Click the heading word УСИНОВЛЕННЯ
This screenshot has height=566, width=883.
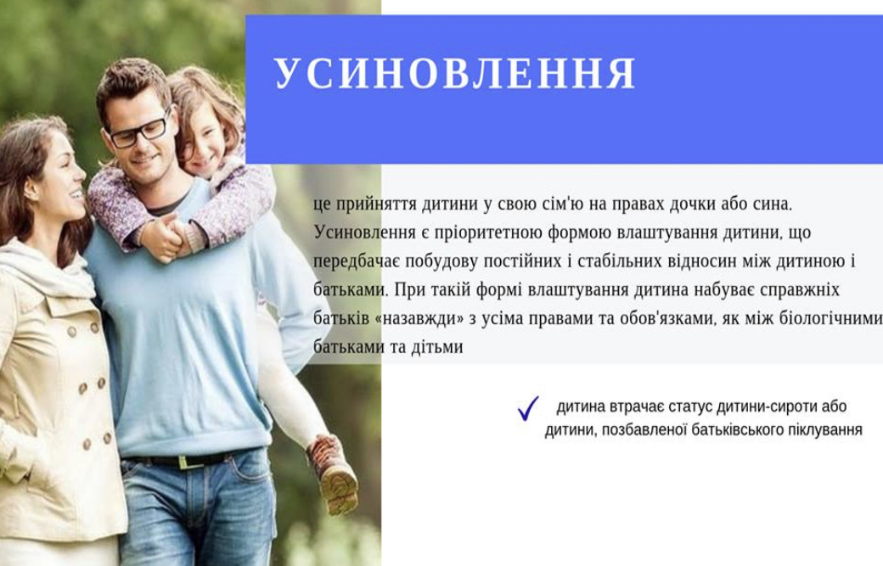point(455,73)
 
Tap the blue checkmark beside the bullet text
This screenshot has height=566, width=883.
point(527,408)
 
